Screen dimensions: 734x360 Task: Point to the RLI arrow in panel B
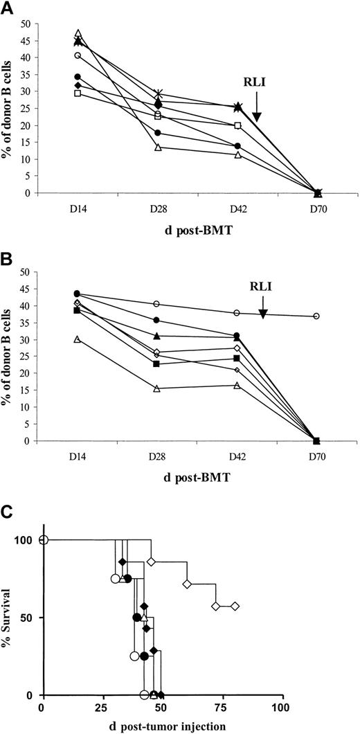click(x=263, y=310)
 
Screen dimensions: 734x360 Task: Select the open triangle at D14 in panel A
click(x=78, y=33)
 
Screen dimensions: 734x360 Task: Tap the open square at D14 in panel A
click(x=78, y=93)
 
